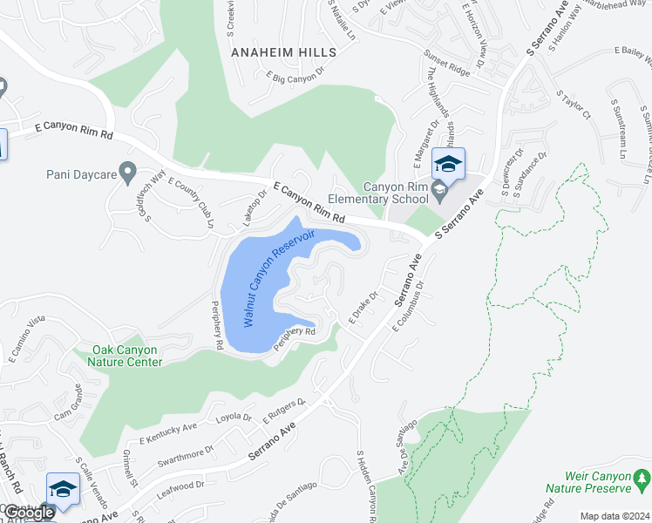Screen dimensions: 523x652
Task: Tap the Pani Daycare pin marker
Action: tap(128, 173)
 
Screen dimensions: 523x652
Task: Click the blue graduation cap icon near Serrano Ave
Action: tap(448, 164)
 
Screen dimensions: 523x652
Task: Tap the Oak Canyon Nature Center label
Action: tap(127, 356)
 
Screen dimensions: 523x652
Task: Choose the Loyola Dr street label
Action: tap(234, 418)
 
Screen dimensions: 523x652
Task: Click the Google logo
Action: tap(28, 513)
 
